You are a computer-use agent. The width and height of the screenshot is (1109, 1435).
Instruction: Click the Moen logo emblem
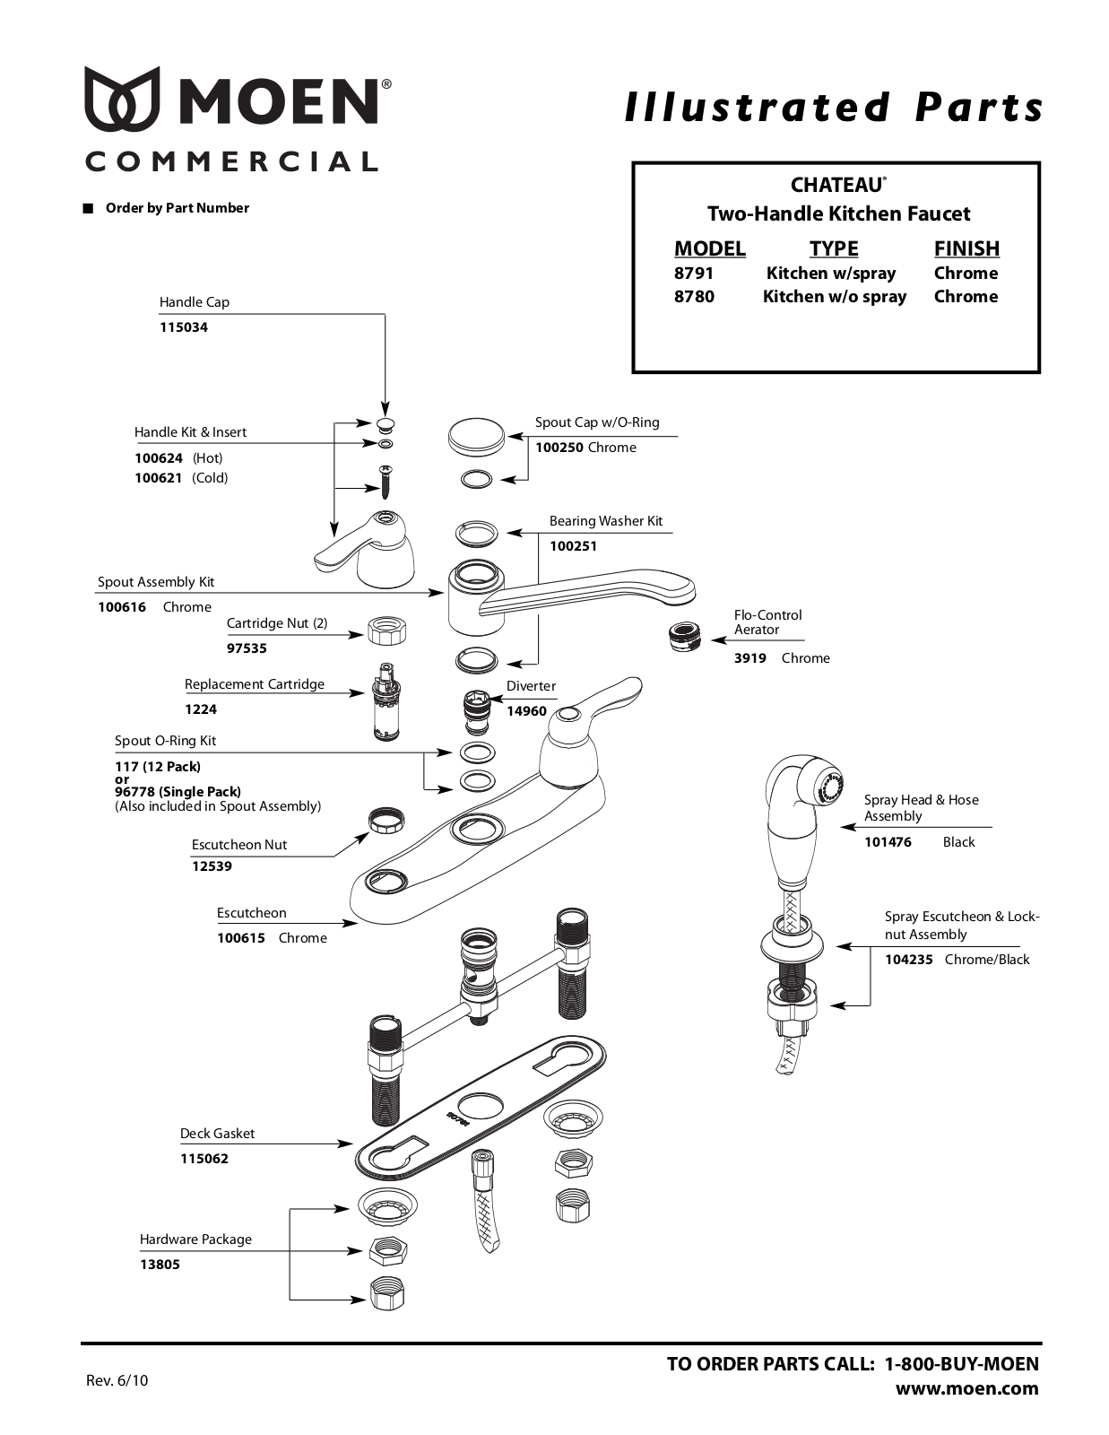click(x=122, y=99)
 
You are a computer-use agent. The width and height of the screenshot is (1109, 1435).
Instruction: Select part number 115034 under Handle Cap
click(x=184, y=327)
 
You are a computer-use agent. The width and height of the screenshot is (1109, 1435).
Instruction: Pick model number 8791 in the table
click(x=694, y=273)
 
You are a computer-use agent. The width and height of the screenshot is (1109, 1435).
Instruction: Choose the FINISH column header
click(x=966, y=248)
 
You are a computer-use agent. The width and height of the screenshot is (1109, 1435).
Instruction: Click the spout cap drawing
click(x=476, y=436)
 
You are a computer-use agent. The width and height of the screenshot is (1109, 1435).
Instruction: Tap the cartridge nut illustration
click(x=386, y=632)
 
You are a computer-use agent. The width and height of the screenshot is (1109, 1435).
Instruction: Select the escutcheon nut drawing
click(x=386, y=822)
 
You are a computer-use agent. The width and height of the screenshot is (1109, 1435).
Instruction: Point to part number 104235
click(x=909, y=960)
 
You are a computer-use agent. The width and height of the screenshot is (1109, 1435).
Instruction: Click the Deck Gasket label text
click(x=217, y=1134)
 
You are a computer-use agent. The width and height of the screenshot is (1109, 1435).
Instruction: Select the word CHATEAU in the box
click(x=837, y=185)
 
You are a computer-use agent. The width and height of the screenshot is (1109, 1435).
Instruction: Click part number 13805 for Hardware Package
click(x=160, y=1265)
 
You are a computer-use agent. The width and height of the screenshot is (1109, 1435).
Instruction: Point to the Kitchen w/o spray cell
click(x=835, y=297)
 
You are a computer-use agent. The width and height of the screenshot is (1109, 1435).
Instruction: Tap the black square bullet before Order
click(x=87, y=209)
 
